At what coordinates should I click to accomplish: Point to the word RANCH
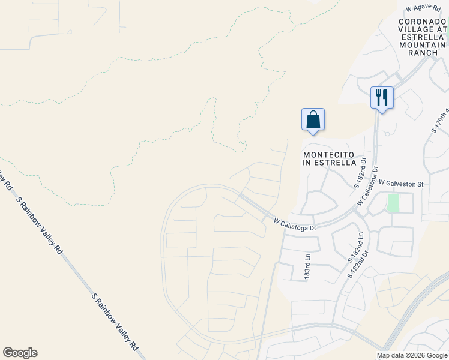point(423,53)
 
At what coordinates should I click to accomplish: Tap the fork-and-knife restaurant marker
point(382,97)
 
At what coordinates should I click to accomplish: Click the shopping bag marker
point(313,119)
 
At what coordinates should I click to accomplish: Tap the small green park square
point(394,203)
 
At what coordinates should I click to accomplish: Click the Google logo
point(20,353)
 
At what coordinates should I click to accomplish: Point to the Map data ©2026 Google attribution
point(412,355)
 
